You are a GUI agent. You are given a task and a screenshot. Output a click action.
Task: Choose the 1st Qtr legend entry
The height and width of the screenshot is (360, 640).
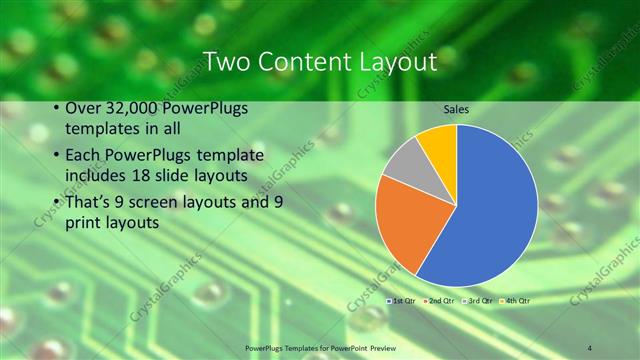401,300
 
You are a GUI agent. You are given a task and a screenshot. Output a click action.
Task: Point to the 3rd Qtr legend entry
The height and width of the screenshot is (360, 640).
476,300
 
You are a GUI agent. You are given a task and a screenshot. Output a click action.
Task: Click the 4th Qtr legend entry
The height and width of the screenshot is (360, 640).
515,300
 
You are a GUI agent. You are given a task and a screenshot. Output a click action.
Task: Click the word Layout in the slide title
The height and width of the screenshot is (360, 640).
394,62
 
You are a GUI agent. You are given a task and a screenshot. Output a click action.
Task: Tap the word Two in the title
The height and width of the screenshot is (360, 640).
226,62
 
